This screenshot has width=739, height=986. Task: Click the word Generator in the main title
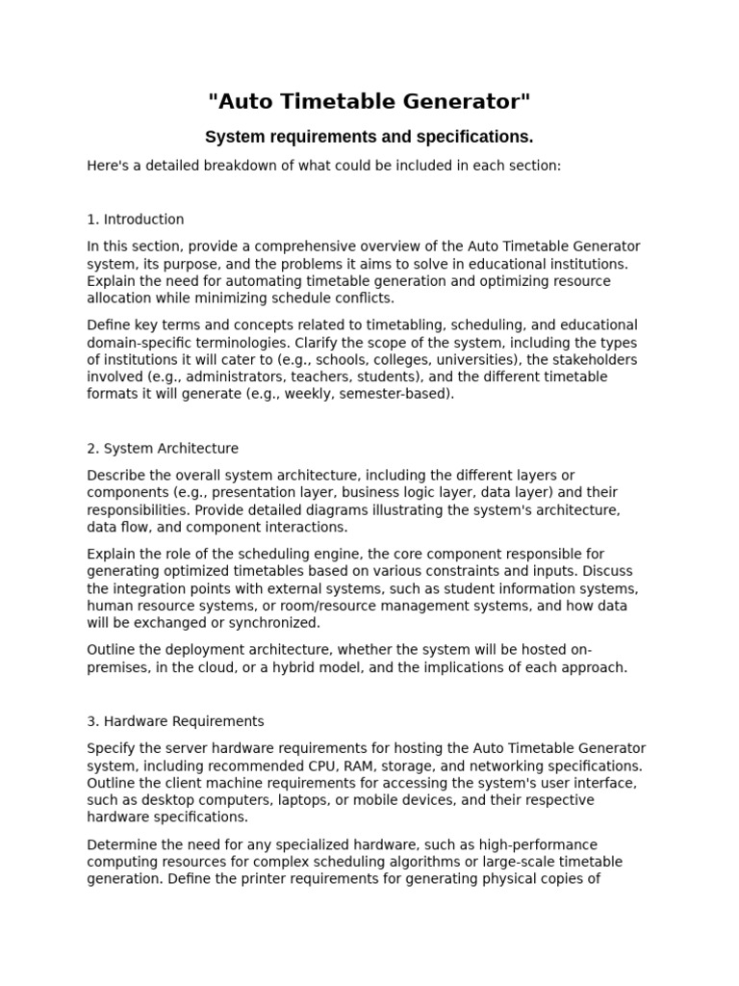464,101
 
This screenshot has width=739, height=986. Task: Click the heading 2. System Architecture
163,448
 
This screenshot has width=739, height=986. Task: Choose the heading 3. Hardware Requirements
175,721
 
